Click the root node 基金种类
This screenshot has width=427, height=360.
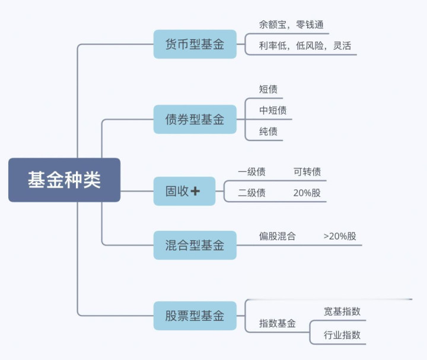(x=64, y=180)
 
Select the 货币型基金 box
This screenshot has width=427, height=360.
(x=195, y=44)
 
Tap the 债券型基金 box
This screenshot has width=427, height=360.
(x=195, y=119)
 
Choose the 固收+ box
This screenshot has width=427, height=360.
(x=184, y=191)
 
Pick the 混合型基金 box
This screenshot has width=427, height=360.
(x=195, y=245)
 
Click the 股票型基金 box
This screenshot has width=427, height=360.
(x=195, y=316)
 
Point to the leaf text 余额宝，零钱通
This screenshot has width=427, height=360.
(x=285, y=26)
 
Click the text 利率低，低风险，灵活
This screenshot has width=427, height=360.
(x=301, y=46)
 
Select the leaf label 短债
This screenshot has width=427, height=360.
(x=268, y=90)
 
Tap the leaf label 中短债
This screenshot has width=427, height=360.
(x=273, y=110)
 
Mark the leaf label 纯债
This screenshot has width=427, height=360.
(x=268, y=131)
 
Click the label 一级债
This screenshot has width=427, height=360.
(x=251, y=172)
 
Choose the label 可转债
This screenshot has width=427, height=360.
(x=307, y=172)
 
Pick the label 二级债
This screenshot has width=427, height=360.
(x=251, y=193)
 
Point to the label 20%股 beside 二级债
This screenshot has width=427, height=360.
(x=307, y=193)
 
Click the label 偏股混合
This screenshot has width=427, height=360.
(x=277, y=236)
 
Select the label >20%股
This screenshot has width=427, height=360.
(x=340, y=236)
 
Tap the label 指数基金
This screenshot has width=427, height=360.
(x=277, y=324)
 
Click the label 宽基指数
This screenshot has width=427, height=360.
(x=342, y=311)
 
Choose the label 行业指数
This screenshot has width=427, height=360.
(x=342, y=334)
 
